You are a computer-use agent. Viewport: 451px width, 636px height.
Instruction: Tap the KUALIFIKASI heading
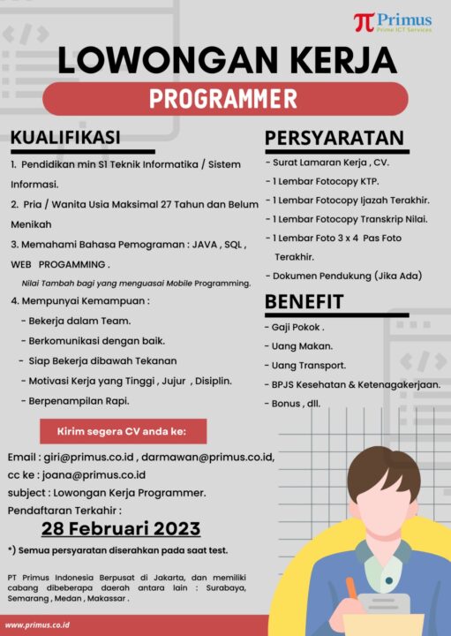[65, 138]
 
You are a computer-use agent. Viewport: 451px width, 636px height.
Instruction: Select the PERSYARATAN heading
[334, 138]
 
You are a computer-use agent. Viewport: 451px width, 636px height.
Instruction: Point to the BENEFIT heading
[304, 302]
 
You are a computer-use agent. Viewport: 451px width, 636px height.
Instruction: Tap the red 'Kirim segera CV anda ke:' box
[123, 432]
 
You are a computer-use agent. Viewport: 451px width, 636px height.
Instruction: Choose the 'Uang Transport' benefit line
[308, 365]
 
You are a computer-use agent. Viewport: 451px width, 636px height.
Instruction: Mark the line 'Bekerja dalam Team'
[79, 320]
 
